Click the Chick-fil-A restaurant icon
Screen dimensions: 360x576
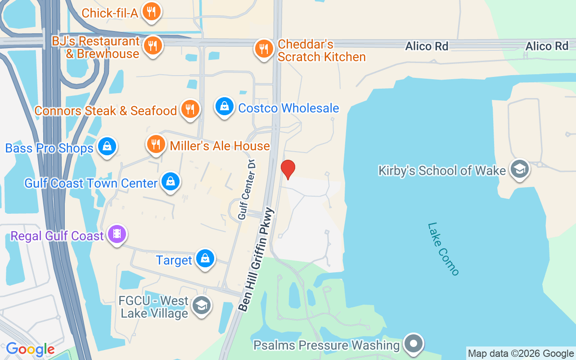click(x=152, y=12)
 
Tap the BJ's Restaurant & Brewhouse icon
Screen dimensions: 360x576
click(x=153, y=45)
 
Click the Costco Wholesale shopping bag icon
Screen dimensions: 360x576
click(x=224, y=107)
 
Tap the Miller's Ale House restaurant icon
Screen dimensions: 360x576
click(x=156, y=144)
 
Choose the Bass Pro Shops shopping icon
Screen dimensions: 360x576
click(x=107, y=146)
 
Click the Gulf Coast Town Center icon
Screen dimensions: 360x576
click(x=171, y=182)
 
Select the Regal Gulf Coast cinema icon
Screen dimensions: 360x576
click(x=117, y=234)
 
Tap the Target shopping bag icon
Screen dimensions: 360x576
click(x=205, y=258)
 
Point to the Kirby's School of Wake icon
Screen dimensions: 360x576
click(x=520, y=169)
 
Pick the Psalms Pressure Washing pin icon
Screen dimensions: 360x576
click(x=413, y=344)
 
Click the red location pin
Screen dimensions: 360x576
click(x=288, y=169)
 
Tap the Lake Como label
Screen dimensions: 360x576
click(x=443, y=249)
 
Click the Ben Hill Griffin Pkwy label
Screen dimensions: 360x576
click(x=256, y=259)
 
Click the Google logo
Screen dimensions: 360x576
click(x=30, y=349)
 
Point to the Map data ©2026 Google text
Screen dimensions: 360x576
click(x=521, y=354)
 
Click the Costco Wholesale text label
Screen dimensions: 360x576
click(x=288, y=108)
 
